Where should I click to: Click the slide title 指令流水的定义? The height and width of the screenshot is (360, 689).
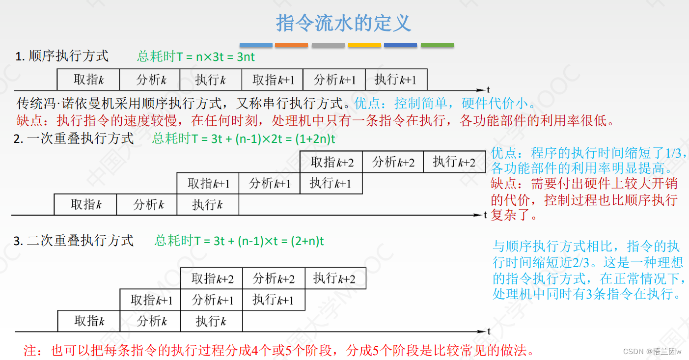pyautogui.click(x=344, y=23)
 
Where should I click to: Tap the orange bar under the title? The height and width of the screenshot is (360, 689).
pyautogui.click(x=291, y=45)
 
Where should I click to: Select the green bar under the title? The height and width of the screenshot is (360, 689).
pyautogui.click(x=437, y=45)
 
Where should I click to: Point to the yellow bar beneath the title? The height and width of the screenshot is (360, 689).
pyautogui.click(x=364, y=45)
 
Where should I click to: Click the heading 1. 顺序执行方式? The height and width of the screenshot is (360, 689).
pyautogui.click(x=62, y=56)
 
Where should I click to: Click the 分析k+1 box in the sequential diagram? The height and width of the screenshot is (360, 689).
pyautogui.click(x=334, y=80)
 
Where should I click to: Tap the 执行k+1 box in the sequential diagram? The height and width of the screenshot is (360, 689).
pyautogui.click(x=396, y=80)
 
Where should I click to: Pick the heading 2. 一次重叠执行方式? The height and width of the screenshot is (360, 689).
pyautogui.click(x=74, y=138)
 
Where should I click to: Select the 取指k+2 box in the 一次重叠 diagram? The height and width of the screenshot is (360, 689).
pyautogui.click(x=331, y=162)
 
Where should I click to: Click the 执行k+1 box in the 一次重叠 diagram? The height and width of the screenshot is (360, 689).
pyautogui.click(x=331, y=184)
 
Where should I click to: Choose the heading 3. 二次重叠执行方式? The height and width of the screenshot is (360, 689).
pyautogui.click(x=74, y=241)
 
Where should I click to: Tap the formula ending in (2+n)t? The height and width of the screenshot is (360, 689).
pyautogui.click(x=240, y=241)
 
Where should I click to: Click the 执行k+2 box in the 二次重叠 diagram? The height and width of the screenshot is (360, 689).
pyautogui.click(x=335, y=278)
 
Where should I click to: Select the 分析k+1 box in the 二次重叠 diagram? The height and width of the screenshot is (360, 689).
pyautogui.click(x=212, y=300)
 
